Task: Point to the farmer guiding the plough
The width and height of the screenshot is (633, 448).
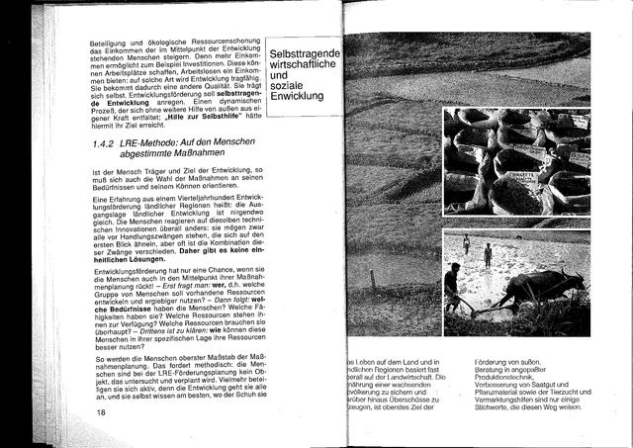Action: click(452, 287)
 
